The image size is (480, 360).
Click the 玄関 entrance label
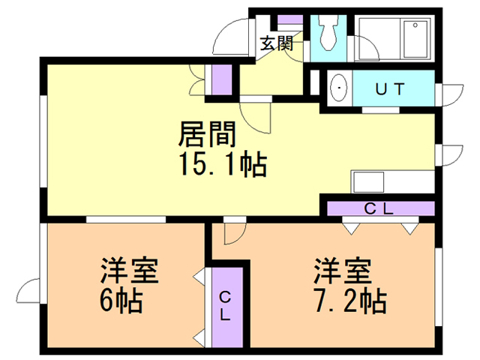pyautogui.click(x=277, y=43)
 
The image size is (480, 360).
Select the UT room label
pyautogui.click(x=390, y=89)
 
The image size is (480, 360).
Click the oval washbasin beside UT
pyautogui.click(x=340, y=88)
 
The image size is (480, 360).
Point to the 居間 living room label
pyautogui.click(x=207, y=134)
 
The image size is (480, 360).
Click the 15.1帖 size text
pyautogui.click(x=223, y=164)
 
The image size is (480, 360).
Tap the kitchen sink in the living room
pyautogui.click(x=368, y=181)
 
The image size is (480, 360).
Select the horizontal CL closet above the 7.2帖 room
pyautogui.click(x=381, y=208)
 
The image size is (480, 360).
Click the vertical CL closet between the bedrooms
pyautogui.click(x=227, y=307)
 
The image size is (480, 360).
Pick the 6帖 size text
pyautogui.click(x=121, y=300)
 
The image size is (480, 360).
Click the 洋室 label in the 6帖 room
pyautogui.click(x=130, y=270)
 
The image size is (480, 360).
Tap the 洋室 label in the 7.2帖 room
pyautogui.click(x=342, y=270)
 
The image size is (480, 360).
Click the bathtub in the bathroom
pyautogui.click(x=415, y=39)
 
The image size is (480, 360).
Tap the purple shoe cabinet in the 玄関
pyautogui.click(x=289, y=19)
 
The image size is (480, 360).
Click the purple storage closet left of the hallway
pyautogui.click(x=222, y=79)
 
